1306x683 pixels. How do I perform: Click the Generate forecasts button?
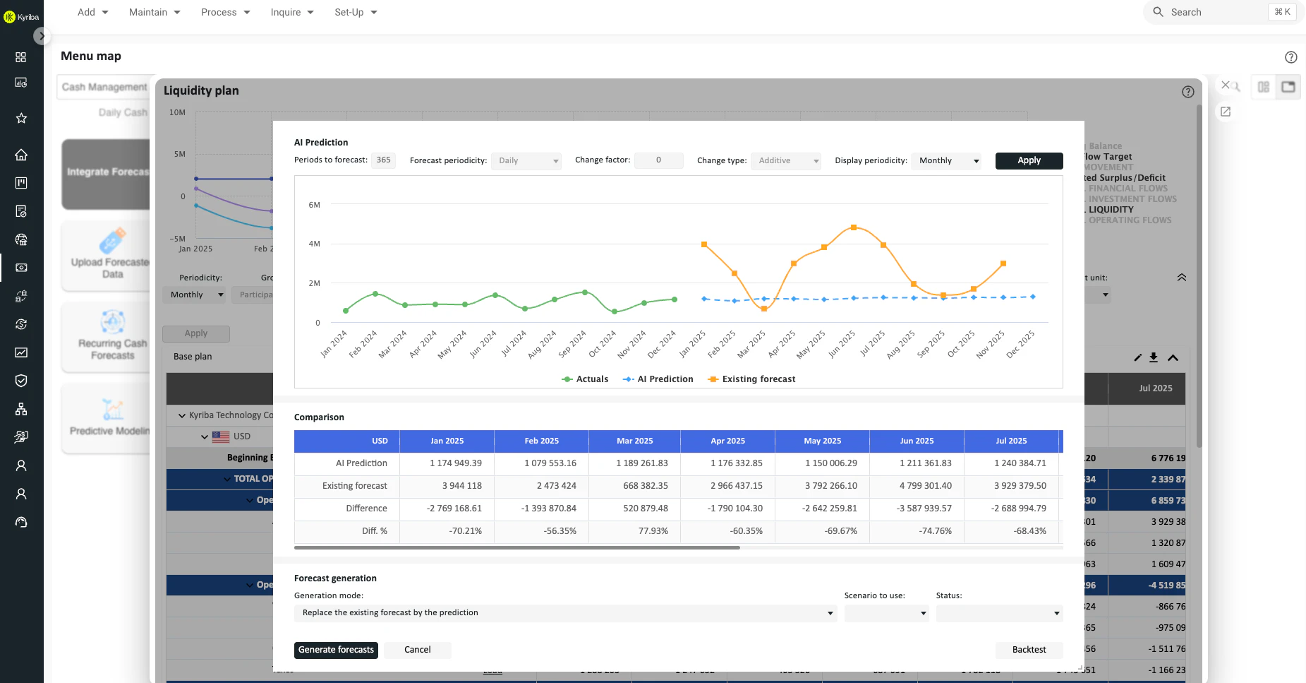coord(336,650)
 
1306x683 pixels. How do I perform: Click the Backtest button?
coord(1029,650)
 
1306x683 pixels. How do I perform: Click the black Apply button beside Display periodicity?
coord(1029,160)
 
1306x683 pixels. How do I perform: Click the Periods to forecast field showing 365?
coord(383,160)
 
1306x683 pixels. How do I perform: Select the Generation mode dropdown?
coord(565,613)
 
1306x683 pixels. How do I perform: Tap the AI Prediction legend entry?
coord(658,379)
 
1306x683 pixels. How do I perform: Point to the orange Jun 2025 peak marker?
coord(854,227)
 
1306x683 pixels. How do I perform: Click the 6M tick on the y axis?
coord(314,205)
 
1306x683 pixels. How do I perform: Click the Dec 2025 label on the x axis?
coord(1020,344)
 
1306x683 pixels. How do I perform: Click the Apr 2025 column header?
coord(727,441)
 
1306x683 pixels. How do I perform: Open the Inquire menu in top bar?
coord(291,12)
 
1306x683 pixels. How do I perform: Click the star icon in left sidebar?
coord(21,118)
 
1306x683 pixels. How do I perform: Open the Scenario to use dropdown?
coord(886,613)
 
